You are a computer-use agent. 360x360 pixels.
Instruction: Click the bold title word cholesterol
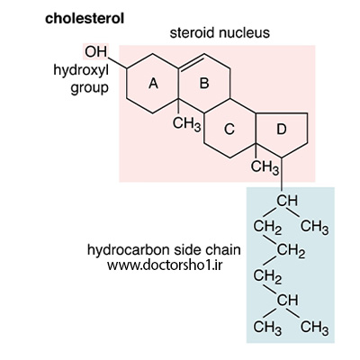point(85,19)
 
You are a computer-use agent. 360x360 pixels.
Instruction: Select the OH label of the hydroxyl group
point(95,51)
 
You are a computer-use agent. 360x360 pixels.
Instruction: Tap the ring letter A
point(153,83)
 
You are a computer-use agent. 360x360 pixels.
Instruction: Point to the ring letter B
point(204,83)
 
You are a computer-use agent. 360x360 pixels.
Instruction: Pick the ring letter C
point(229,130)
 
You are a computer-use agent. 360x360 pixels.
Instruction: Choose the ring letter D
point(281,130)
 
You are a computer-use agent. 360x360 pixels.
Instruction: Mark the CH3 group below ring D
point(265,167)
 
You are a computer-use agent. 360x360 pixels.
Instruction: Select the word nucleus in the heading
point(244,32)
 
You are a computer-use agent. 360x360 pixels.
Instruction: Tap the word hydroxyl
point(81,71)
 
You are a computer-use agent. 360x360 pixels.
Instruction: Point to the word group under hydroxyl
point(90,89)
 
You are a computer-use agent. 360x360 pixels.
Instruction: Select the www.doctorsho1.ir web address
point(165,265)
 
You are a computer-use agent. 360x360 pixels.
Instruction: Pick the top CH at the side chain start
point(287,201)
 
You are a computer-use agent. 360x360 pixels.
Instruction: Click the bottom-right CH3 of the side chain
point(314,328)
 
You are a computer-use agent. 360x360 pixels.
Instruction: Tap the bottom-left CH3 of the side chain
point(267,328)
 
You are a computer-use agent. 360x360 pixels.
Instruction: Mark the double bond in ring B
point(191,63)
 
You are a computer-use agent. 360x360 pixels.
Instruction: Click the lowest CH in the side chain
point(287,301)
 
